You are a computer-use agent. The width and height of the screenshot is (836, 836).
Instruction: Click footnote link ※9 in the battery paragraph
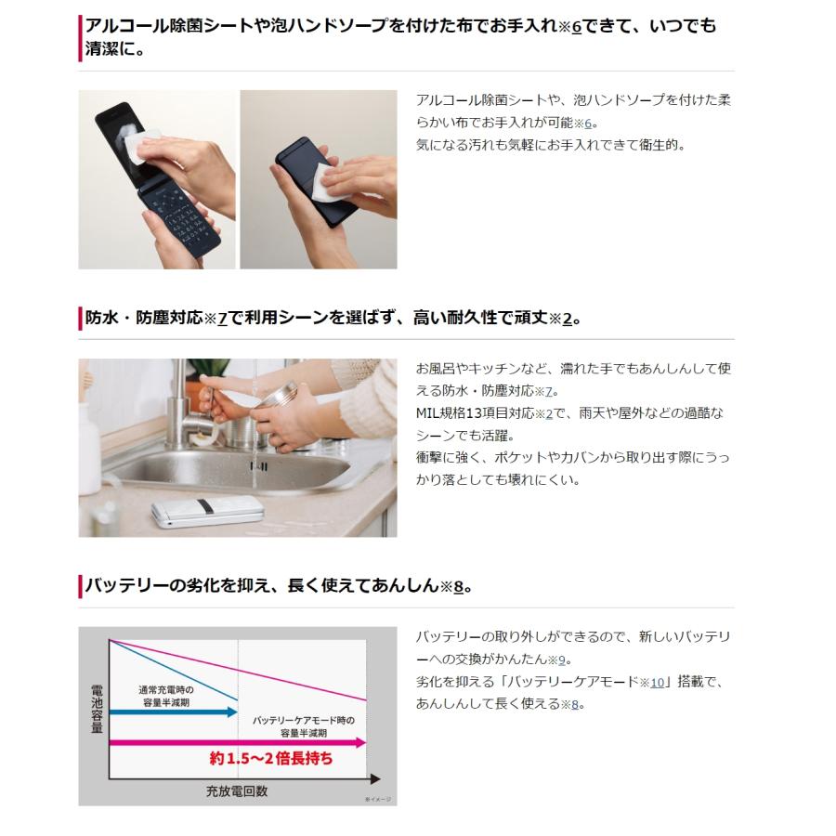pyautogui.click(x=557, y=660)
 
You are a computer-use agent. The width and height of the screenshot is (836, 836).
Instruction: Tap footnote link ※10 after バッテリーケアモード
pyautogui.click(x=653, y=682)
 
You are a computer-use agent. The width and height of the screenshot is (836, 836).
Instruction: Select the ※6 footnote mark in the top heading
pyautogui.click(x=571, y=27)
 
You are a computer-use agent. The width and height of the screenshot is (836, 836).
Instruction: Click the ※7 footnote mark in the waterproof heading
pyautogui.click(x=216, y=319)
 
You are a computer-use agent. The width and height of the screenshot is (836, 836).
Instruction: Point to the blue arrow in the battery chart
pyautogui.click(x=173, y=711)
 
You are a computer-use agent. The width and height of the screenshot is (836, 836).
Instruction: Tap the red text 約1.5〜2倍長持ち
pyautogui.click(x=270, y=759)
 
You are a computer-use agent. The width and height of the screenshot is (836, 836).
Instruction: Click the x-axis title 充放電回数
pyautogui.click(x=237, y=791)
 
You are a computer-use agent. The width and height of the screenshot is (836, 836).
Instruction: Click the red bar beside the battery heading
pyautogui.click(x=80, y=586)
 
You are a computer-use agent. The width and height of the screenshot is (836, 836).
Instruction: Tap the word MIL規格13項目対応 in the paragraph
pyautogui.click(x=474, y=413)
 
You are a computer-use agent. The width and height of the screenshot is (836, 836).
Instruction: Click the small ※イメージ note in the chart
pyautogui.click(x=378, y=799)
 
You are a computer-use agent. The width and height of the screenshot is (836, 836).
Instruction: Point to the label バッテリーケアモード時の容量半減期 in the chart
pyautogui.click(x=303, y=725)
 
